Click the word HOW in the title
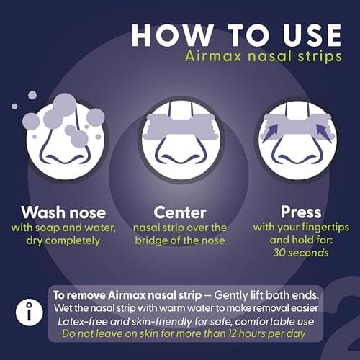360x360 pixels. click(x=172, y=35)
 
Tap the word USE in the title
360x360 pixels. click(x=312, y=35)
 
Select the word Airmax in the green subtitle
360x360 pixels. click(x=213, y=56)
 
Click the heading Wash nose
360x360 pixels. click(x=63, y=212)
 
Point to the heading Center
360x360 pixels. click(x=180, y=212)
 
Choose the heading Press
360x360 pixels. click(x=301, y=212)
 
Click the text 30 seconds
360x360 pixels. click(x=301, y=253)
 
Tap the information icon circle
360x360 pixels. click(x=30, y=312)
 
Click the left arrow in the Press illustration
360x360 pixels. click(x=270, y=132)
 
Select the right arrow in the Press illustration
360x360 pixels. click(x=324, y=133)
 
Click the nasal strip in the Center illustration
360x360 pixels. click(x=181, y=127)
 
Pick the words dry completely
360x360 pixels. click(x=63, y=240)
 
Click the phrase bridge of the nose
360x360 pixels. click(x=180, y=240)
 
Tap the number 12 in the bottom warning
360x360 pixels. click(x=233, y=333)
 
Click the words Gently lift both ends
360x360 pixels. click(x=266, y=295)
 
